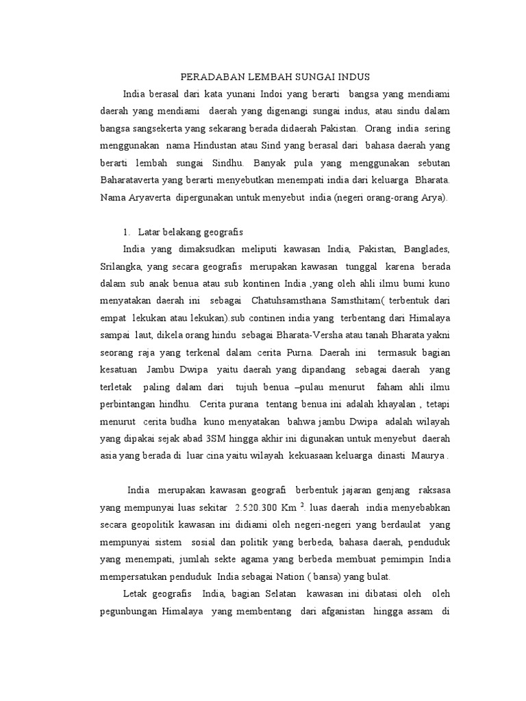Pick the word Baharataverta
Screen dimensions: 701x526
click(153, 181)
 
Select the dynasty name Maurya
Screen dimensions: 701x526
click(427, 455)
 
